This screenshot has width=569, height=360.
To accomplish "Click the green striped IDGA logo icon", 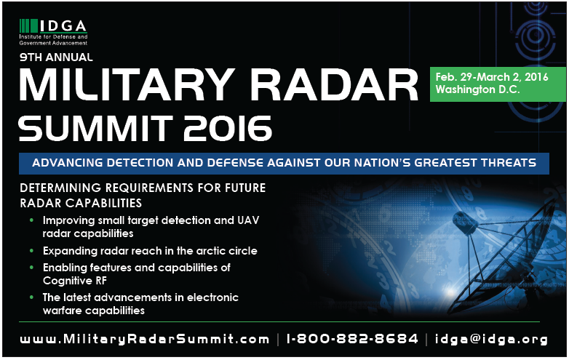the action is (x=28, y=25).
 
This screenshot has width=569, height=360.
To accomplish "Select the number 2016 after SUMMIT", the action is (x=227, y=129).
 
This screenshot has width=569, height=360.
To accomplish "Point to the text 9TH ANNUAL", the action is (x=56, y=57).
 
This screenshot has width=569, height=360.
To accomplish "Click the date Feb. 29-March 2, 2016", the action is (x=492, y=77).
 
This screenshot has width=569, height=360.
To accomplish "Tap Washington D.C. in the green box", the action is (x=477, y=89).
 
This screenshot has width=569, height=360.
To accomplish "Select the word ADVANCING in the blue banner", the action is (x=67, y=163).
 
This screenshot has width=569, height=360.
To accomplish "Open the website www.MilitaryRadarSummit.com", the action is (x=144, y=339).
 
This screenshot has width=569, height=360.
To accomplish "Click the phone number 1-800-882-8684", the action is (x=352, y=339).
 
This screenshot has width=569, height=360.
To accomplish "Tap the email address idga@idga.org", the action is (x=491, y=340).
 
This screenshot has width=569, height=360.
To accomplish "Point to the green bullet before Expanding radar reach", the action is (x=31, y=250).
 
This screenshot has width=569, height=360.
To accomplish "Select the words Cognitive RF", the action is (x=75, y=281).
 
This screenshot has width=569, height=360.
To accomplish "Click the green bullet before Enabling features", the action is (x=31, y=268).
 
